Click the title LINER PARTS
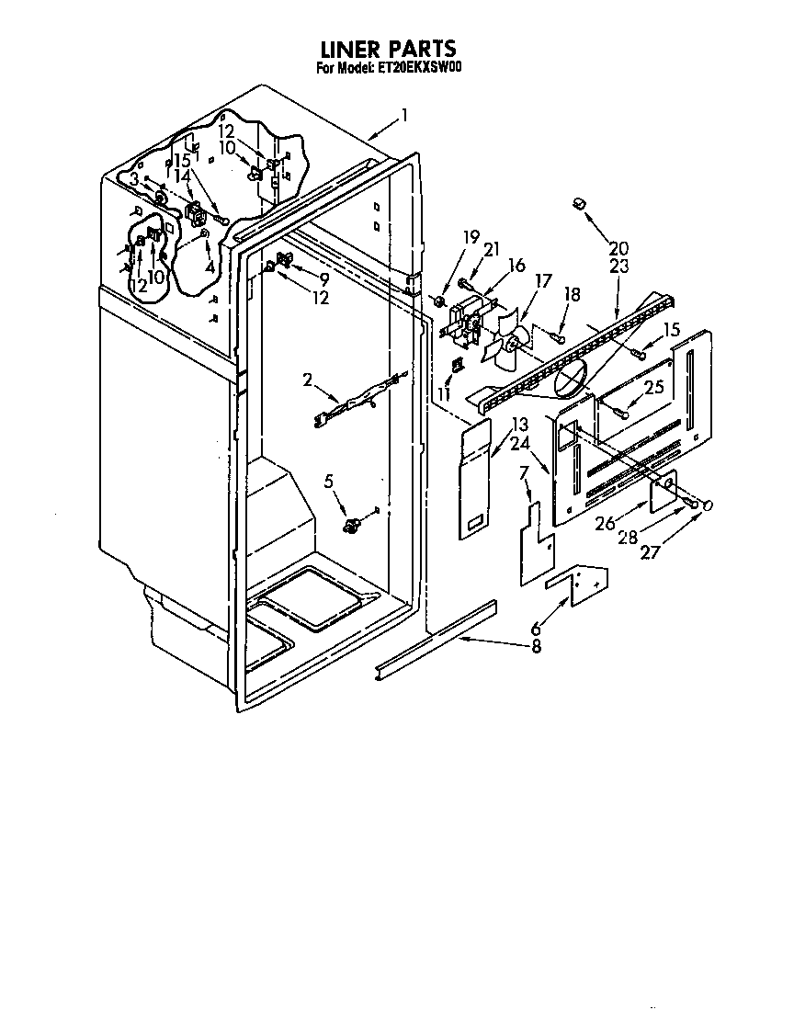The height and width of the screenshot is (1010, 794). (386, 48)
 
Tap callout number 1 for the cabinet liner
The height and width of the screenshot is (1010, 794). (404, 116)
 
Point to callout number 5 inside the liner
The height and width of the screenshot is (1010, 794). (328, 480)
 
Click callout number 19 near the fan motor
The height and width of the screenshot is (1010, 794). (471, 237)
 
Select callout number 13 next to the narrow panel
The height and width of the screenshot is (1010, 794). (520, 425)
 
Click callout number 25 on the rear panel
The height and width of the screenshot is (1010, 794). (653, 388)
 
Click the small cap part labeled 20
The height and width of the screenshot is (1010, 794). (579, 203)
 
